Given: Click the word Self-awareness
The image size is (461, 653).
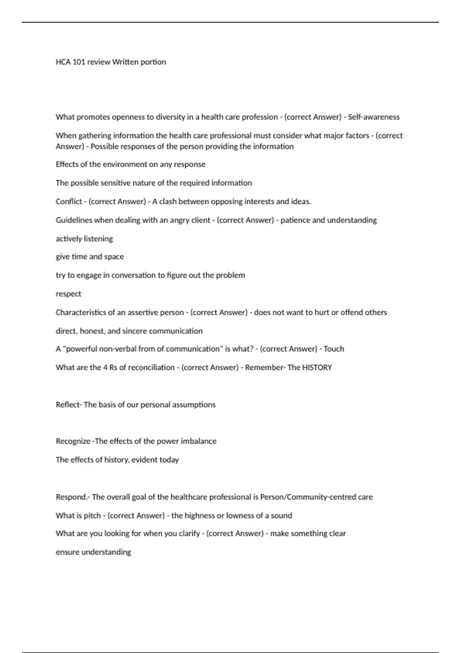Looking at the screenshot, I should (373, 117).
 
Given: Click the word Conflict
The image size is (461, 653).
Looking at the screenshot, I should (69, 201).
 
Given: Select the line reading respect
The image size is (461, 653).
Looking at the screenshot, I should (68, 294).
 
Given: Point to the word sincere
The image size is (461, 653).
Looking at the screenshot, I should (134, 331).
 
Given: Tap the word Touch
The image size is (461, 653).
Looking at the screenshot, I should (334, 349).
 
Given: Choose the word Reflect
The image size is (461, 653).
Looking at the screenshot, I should (68, 404).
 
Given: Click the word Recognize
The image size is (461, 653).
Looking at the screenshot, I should (73, 441).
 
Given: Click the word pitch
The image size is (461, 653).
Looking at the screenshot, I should (92, 515).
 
